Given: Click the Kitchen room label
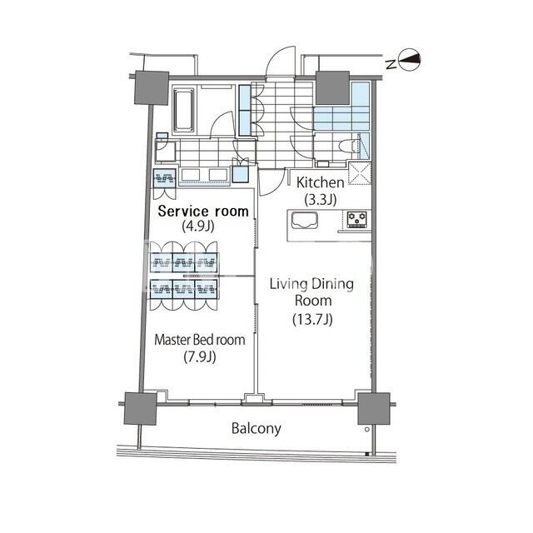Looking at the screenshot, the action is (x=320, y=182).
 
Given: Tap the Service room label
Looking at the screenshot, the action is (x=203, y=211).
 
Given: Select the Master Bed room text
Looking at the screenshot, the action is (x=200, y=340).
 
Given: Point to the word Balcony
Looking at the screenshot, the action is (x=257, y=429).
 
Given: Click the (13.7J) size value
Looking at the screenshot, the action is (x=312, y=319).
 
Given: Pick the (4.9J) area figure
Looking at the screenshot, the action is (x=198, y=226).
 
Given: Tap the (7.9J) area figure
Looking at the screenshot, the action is (x=200, y=357).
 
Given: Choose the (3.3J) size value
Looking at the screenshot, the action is (x=320, y=200).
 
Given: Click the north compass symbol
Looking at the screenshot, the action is (x=409, y=61).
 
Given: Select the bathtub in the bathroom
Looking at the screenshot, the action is (x=184, y=110).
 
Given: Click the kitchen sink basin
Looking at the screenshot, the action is (x=305, y=220).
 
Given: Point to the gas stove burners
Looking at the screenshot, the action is (x=357, y=219).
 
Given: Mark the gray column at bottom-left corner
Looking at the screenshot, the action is (x=141, y=409).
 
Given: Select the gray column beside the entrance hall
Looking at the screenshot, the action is (x=333, y=87).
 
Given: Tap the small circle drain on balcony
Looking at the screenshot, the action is (x=366, y=430).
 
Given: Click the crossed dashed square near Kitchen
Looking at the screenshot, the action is (x=360, y=174).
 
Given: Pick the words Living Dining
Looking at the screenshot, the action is (x=311, y=284).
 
